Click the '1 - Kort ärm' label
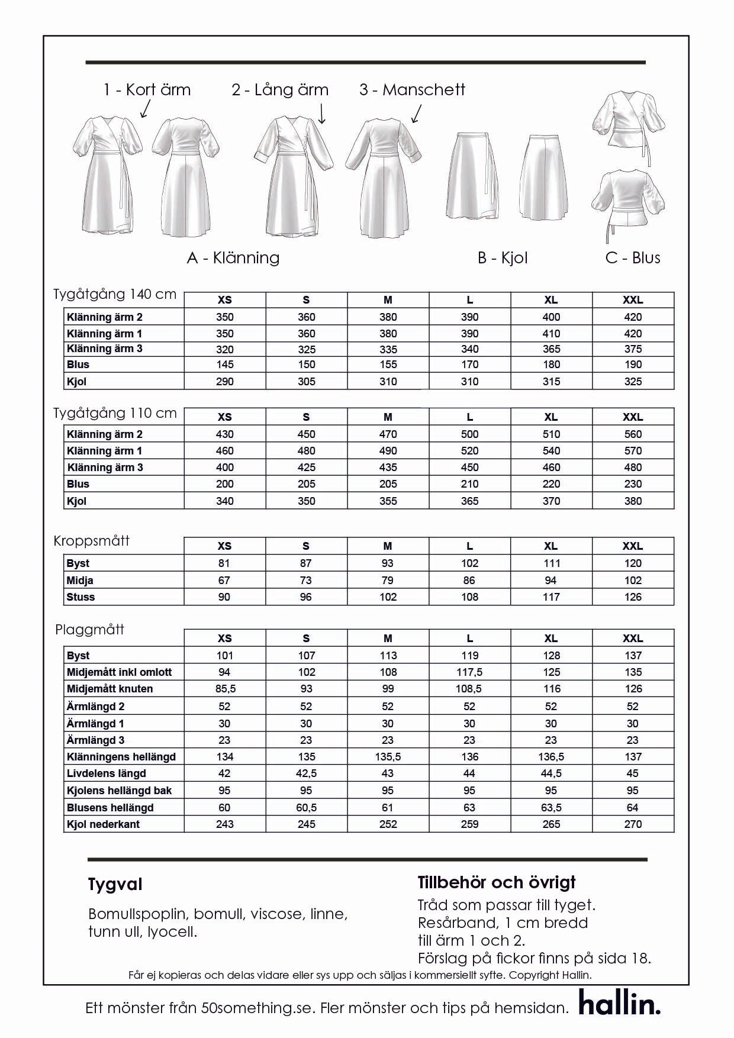pos(147,90)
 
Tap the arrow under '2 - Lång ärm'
pos(322,113)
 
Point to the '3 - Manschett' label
pos(412,90)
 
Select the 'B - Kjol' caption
pos(503,258)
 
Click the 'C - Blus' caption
pos(633,258)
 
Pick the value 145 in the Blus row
pos(225,365)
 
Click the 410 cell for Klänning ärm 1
pos(551,334)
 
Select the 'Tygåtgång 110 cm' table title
pos(115,413)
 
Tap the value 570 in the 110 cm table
pos(633,451)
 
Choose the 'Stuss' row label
pos(81,597)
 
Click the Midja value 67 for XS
pos(224,581)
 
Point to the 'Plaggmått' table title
pos(89,630)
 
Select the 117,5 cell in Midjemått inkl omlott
pos(469,672)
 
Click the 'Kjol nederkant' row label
pos(103,824)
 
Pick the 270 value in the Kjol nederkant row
pos(633,824)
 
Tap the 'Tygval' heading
pos(115,885)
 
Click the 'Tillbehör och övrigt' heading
pos(497,882)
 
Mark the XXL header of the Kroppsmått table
pos(633,546)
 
